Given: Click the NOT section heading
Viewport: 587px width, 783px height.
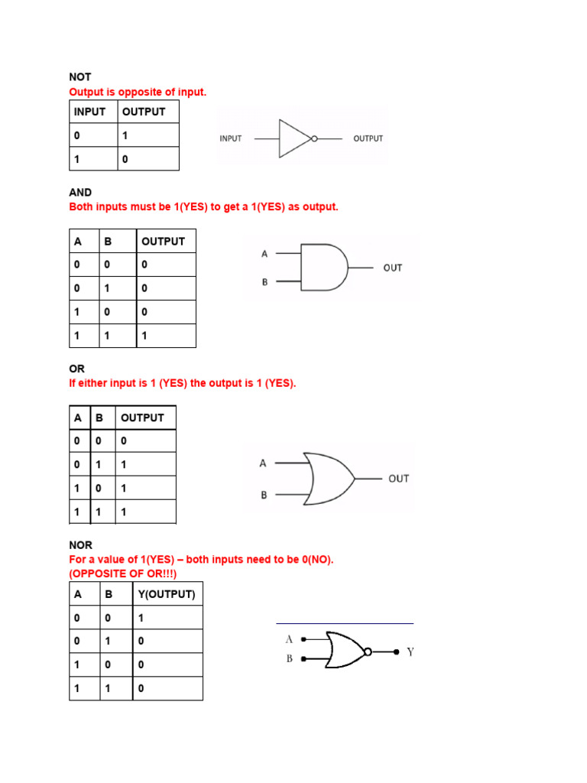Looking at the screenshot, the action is [80, 76].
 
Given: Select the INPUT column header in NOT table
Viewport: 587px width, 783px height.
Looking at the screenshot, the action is [89, 112].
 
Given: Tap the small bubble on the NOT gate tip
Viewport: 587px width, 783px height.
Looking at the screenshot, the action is [314, 139].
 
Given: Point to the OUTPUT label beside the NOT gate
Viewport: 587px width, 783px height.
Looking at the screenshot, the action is [368, 138].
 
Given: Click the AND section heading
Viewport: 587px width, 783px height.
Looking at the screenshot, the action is [80, 192].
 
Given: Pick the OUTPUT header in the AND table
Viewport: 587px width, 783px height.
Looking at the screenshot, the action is [163, 241].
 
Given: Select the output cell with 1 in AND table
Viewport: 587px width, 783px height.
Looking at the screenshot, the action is [144, 336].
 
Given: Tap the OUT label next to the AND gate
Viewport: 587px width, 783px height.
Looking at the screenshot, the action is [393, 268].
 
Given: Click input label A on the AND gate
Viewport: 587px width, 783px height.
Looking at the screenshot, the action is [265, 253].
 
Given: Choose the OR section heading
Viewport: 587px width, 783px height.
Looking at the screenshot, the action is [77, 369].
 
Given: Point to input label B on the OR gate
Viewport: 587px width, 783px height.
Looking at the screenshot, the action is [264, 495].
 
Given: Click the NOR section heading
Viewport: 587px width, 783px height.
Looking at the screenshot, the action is [80, 545].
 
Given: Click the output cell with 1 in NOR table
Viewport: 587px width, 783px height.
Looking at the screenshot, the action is [141, 618].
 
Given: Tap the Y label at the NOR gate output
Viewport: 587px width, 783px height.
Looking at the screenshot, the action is [410, 652].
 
